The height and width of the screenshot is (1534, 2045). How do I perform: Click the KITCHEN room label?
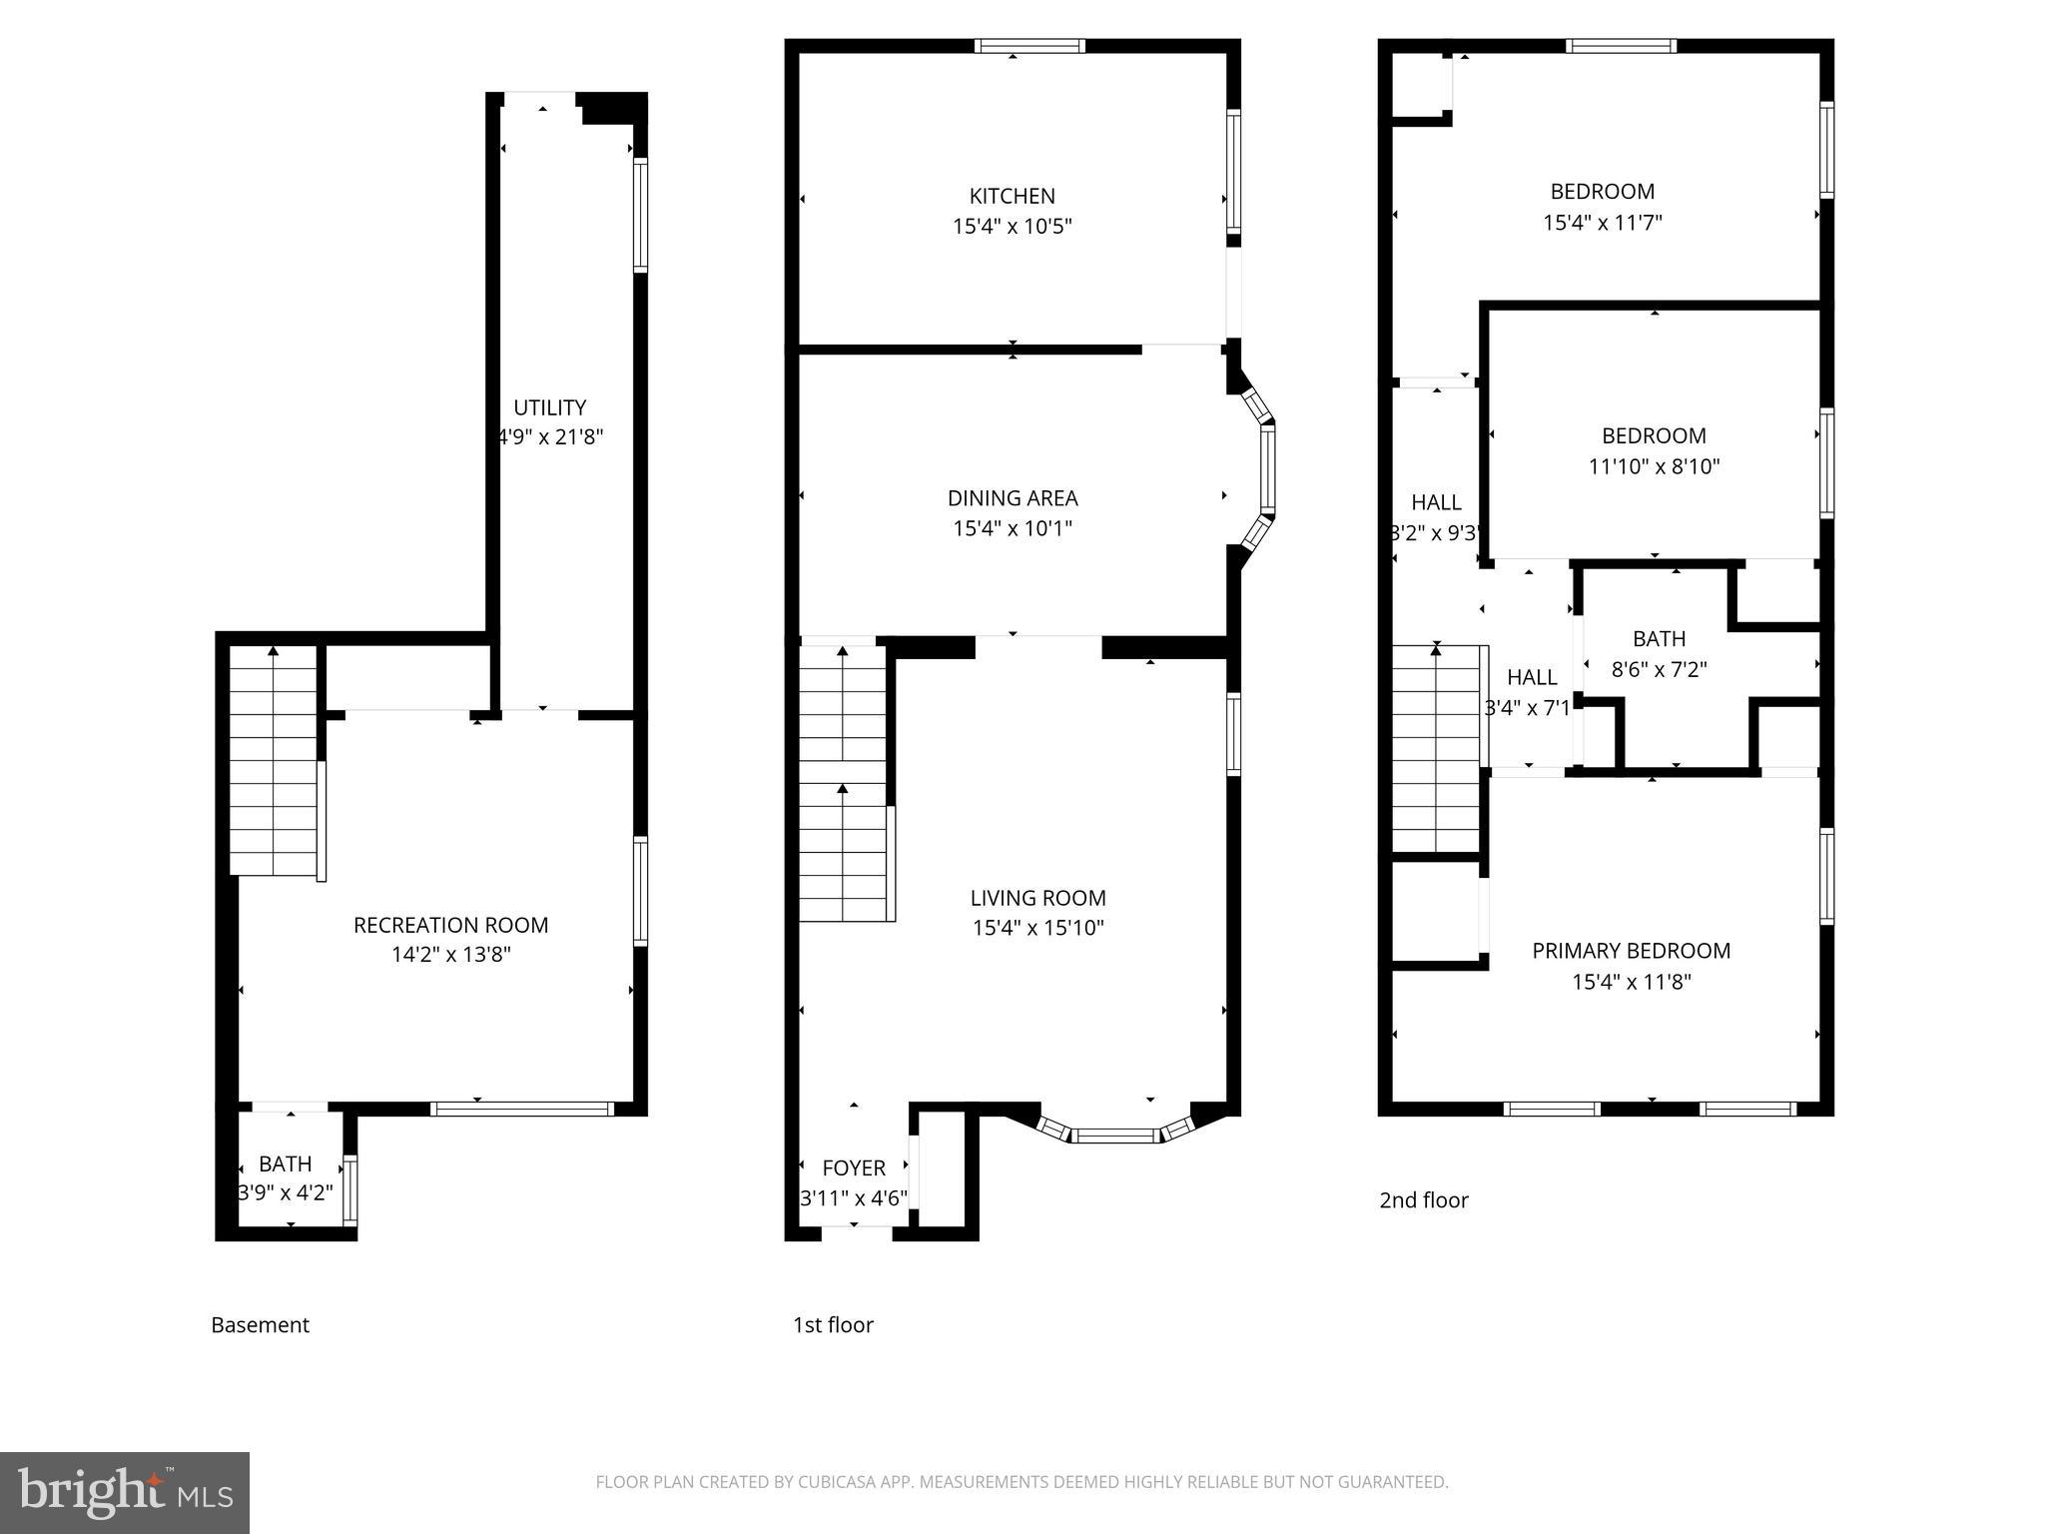tap(1012, 196)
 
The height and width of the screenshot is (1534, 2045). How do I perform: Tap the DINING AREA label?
tap(1013, 497)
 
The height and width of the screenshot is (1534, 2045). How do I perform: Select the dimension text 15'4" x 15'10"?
tap(1037, 928)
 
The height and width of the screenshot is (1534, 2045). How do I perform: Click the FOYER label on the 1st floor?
tap(853, 1167)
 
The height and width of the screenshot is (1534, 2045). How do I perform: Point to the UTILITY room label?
tap(549, 407)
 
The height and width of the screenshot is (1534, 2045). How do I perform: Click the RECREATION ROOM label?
tap(450, 925)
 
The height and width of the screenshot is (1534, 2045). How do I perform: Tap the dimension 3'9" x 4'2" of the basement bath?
tap(286, 1192)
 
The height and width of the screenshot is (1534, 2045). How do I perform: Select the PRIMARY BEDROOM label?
tap(1631, 951)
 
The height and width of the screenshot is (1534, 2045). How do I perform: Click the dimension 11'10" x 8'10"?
tap(1654, 466)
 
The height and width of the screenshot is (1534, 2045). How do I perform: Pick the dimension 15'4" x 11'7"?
tap(1602, 222)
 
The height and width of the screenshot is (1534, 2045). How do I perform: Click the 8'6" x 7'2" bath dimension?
tap(1659, 669)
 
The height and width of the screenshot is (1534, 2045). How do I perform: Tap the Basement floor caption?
tap(260, 1324)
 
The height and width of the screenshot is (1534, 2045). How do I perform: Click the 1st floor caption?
tap(833, 1324)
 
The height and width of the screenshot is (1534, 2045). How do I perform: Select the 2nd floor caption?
tap(1423, 1199)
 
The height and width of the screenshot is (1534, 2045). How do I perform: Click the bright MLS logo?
tap(125, 1492)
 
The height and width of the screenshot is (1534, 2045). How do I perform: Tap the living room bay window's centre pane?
tap(1115, 1135)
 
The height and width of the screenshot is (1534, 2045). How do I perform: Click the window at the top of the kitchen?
tap(1029, 45)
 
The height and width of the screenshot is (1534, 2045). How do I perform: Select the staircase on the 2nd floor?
tap(1436, 749)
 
